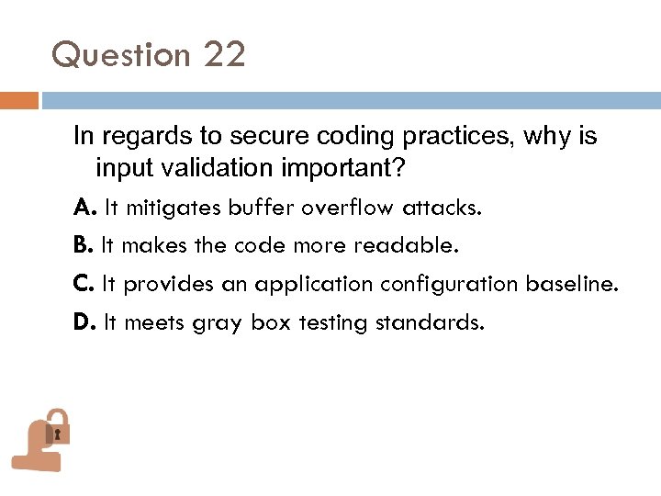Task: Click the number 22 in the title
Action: [225, 55]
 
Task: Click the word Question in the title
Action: [121, 56]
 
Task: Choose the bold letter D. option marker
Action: [84, 323]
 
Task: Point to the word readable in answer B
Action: [413, 246]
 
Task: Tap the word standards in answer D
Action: [430, 323]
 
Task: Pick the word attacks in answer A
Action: [444, 208]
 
